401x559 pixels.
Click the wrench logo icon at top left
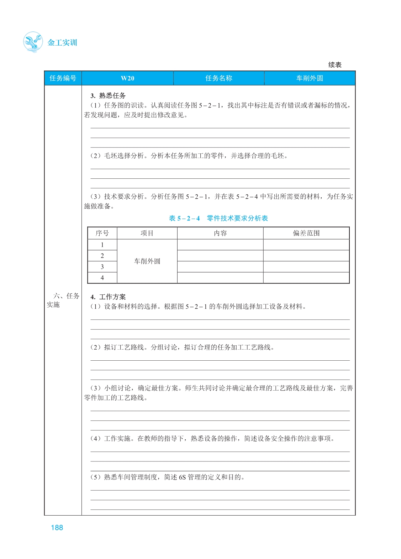click(33, 42)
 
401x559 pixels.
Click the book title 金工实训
click(62, 43)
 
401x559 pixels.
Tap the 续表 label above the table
click(334, 65)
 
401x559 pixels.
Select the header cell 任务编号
click(63, 78)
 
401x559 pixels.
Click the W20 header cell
click(127, 78)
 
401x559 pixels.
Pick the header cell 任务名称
click(218, 78)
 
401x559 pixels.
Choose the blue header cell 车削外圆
click(310, 78)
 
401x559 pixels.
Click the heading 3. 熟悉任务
click(108, 95)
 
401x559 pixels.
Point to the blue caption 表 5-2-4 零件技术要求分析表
click(218, 218)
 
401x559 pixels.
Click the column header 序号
click(102, 233)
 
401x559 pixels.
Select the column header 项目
click(147, 233)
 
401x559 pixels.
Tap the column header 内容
click(220, 233)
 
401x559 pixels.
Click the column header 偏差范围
click(306, 233)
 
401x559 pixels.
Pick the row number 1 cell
click(102, 245)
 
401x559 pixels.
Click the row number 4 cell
click(102, 278)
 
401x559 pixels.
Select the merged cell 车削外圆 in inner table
click(147, 261)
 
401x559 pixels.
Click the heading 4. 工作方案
click(108, 297)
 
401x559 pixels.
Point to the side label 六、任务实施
click(63, 300)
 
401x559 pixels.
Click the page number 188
click(57, 528)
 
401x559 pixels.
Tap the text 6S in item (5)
click(182, 477)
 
